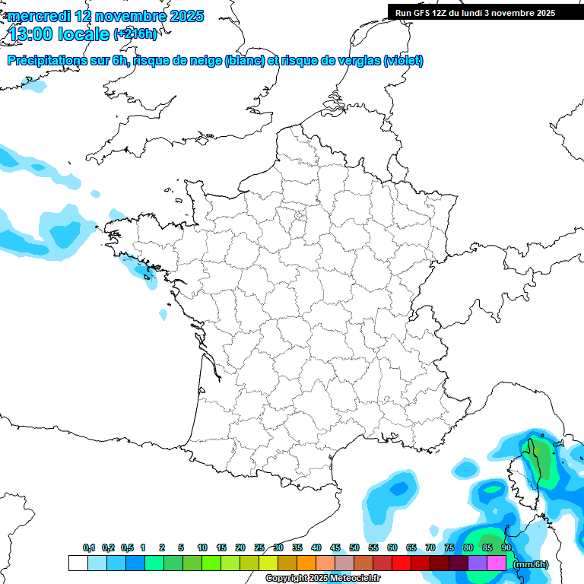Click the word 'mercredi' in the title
click(x=38, y=16)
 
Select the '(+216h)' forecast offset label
click(x=135, y=33)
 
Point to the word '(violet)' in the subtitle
click(x=404, y=61)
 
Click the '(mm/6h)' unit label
click(x=531, y=563)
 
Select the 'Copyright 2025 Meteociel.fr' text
click(x=322, y=579)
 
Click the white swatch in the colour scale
click(x=78, y=563)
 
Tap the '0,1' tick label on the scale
click(x=89, y=548)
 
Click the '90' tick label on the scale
click(x=506, y=548)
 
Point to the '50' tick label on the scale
click(x=354, y=548)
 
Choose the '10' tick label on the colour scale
click(x=202, y=548)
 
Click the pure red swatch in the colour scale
click(x=401, y=563)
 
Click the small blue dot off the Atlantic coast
click(x=163, y=314)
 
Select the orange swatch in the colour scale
click(x=306, y=563)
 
